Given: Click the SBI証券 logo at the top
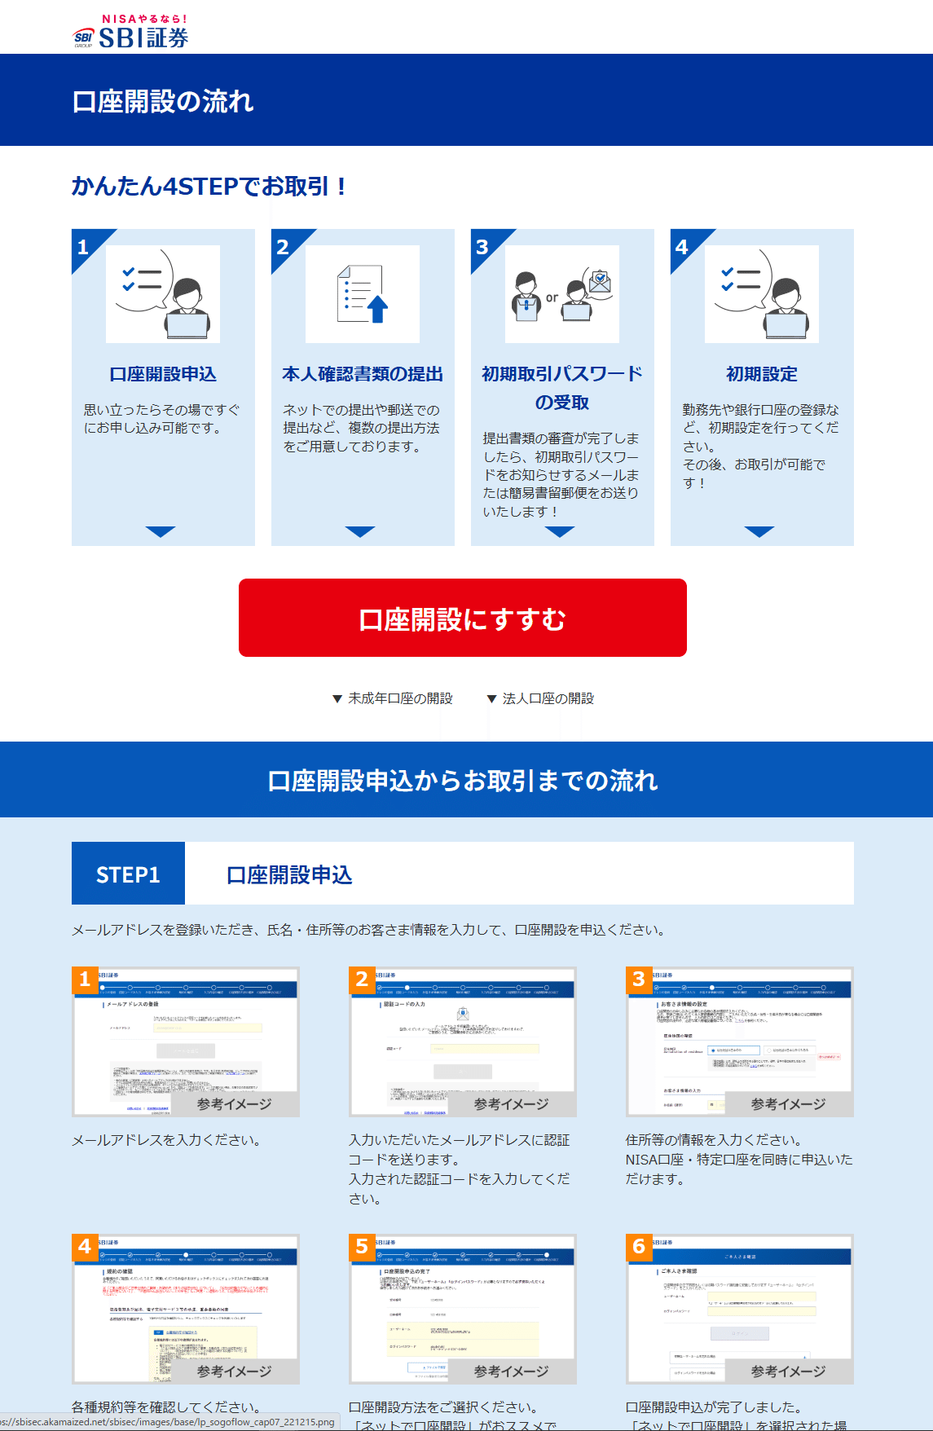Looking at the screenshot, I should click(131, 33).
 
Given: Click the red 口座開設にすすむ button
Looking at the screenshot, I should click(462, 618).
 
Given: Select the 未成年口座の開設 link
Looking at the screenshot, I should click(393, 698).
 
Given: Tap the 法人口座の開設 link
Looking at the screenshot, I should click(541, 698).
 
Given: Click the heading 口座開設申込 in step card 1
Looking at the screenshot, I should click(163, 374).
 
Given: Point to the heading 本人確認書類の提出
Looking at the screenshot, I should click(363, 374).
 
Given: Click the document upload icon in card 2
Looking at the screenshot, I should click(363, 294).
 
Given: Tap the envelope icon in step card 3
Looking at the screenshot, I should click(600, 281).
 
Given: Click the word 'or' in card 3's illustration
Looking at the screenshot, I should click(552, 298).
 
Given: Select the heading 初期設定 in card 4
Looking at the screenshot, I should click(762, 374).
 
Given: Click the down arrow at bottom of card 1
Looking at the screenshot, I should click(161, 531).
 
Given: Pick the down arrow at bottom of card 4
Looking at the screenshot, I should click(759, 531).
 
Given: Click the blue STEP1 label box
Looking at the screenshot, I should click(128, 874).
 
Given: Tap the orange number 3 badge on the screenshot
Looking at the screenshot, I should click(639, 979).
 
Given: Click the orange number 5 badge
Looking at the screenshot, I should click(362, 1246).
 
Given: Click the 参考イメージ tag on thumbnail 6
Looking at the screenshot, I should click(788, 1372).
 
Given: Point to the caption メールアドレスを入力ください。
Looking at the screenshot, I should click(166, 1140).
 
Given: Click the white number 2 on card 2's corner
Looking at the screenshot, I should click(283, 247).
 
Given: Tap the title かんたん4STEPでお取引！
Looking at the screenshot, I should click(209, 187).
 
